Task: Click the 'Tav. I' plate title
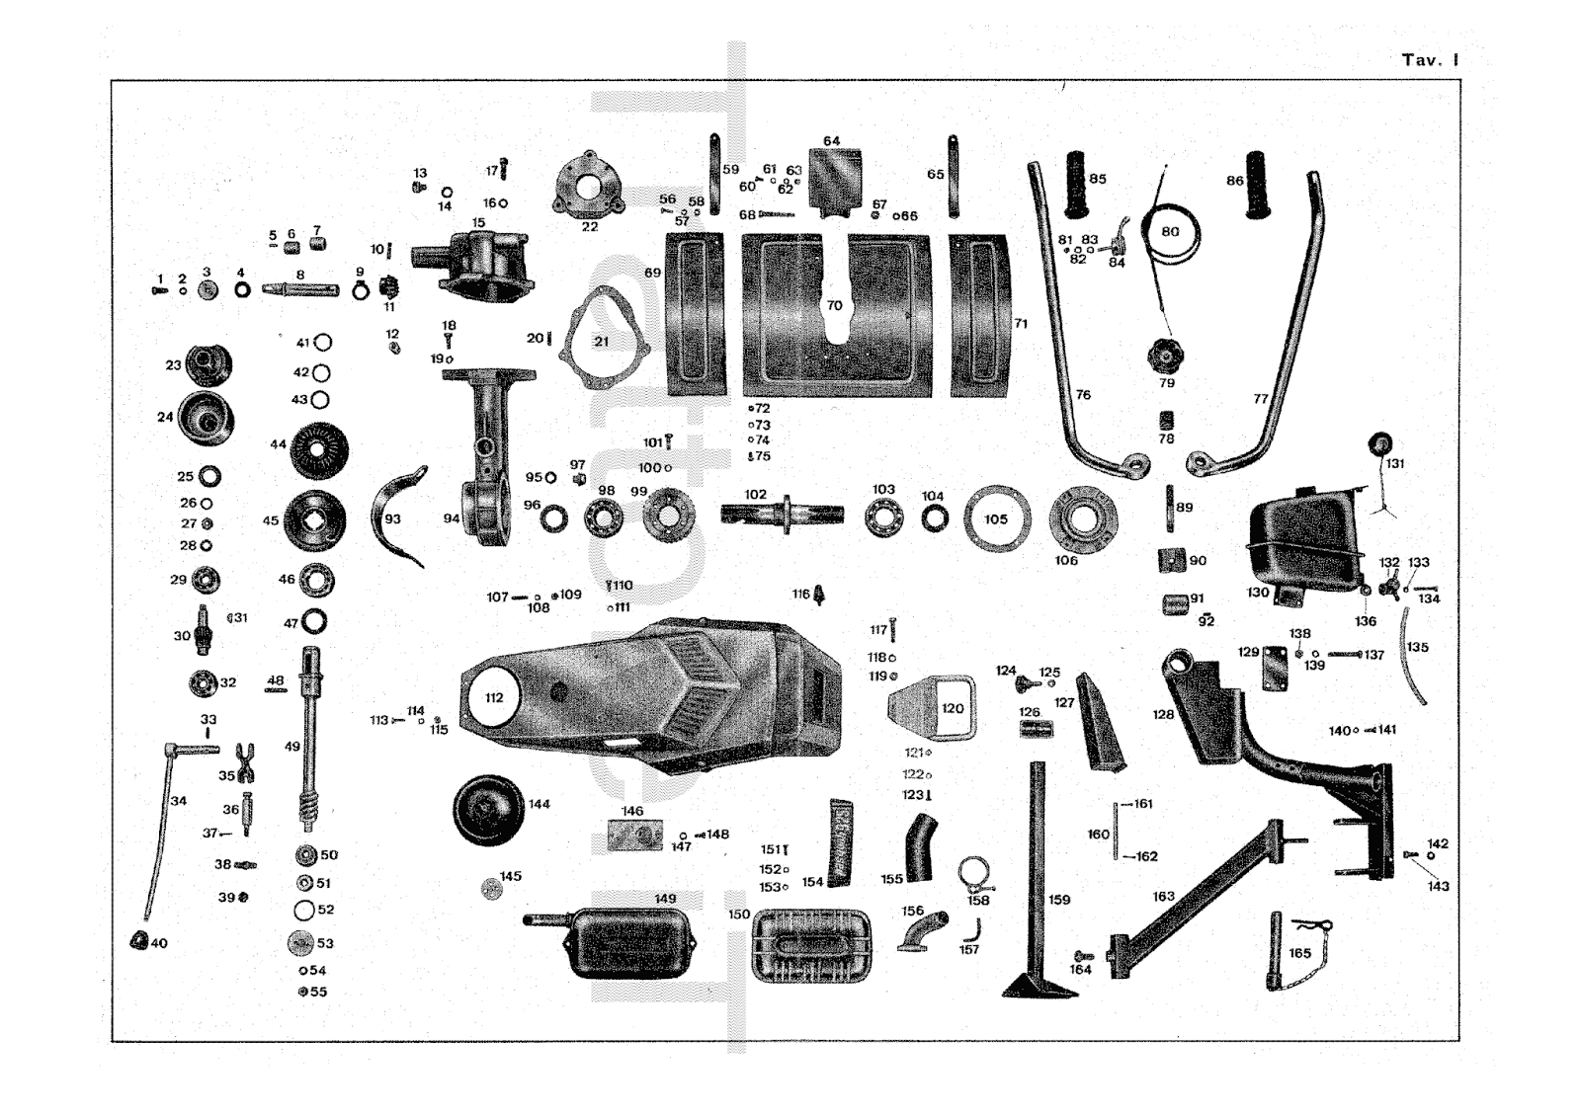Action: [x=1429, y=60]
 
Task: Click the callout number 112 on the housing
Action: [x=494, y=697]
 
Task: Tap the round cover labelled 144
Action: [x=487, y=811]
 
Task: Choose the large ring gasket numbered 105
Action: [x=996, y=519]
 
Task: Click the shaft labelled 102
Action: [x=782, y=514]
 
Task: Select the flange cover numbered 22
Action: [x=589, y=187]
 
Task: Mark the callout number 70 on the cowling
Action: [x=835, y=305]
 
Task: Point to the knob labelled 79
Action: [x=1166, y=356]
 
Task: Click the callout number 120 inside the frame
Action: [x=953, y=708]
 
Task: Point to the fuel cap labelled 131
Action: [x=1379, y=443]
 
